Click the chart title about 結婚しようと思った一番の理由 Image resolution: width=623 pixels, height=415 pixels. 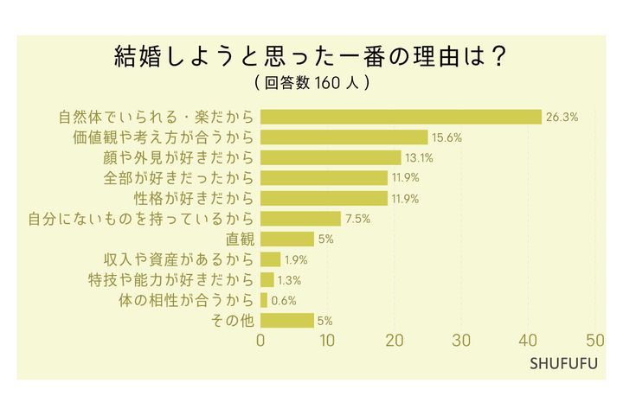(311, 57)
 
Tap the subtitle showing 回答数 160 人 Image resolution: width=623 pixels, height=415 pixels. (312, 84)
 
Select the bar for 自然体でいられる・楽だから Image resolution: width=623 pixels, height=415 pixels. (401, 117)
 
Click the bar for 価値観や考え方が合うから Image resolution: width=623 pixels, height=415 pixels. (344, 137)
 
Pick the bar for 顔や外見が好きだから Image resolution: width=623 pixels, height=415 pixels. (331, 157)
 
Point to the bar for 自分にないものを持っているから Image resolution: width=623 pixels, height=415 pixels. (300, 219)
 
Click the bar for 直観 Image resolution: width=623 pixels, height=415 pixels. (286, 239)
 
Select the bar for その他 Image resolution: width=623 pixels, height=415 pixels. (286, 320)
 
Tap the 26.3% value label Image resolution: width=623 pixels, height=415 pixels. (562, 117)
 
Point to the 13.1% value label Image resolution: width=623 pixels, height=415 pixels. (421, 157)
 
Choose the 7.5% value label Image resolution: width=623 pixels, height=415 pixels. (357, 219)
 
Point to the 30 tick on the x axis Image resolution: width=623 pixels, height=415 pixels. (461, 340)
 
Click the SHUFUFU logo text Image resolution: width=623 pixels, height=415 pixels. (563, 363)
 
